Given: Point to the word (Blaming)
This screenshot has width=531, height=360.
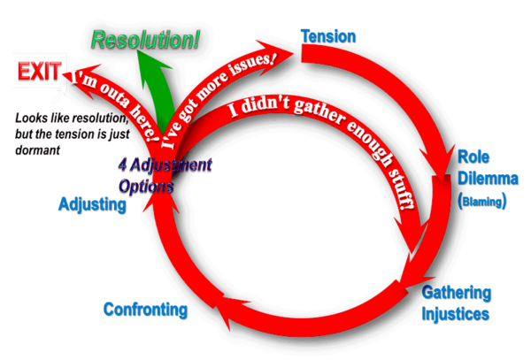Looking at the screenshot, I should tap(482, 202).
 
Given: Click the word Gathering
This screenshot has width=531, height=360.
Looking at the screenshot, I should tap(456, 293).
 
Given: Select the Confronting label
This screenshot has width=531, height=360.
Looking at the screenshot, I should tap(145, 310).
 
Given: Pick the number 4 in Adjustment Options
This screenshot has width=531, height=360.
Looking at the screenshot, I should tap(122, 165).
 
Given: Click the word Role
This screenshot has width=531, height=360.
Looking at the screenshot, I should tap(468, 157).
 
